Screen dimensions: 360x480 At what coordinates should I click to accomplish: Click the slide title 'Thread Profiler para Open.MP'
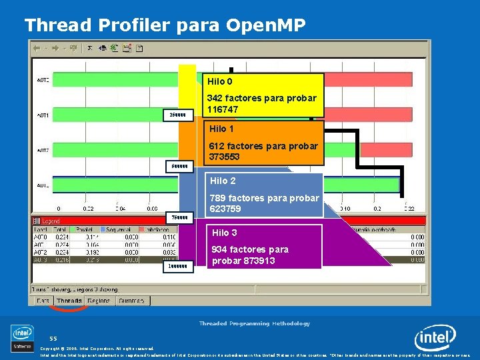coord(165,25)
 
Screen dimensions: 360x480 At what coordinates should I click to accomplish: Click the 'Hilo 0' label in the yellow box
coord(220,82)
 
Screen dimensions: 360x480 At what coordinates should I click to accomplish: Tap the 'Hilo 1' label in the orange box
coord(222,129)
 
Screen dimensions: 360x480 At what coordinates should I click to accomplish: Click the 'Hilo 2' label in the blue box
coord(223,181)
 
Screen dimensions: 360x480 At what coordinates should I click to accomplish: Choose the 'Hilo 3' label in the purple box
coord(225,233)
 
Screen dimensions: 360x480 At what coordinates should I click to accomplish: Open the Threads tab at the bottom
coord(69,301)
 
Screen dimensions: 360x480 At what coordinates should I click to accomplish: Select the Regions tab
coord(99,301)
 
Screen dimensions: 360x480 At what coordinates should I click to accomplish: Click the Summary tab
coord(132,301)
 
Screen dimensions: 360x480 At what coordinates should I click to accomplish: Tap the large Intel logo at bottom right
coord(435,339)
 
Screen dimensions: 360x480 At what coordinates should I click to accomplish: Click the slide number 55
coord(53,338)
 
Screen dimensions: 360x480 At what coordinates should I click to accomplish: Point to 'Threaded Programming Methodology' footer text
coord(254,323)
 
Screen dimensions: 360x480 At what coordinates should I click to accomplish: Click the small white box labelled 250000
coord(179,115)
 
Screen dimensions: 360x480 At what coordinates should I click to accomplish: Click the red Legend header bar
coord(100,221)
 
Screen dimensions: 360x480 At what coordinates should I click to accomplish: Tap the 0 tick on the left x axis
coord(58,209)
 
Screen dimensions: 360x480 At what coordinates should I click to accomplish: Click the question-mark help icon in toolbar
coord(139,48)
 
